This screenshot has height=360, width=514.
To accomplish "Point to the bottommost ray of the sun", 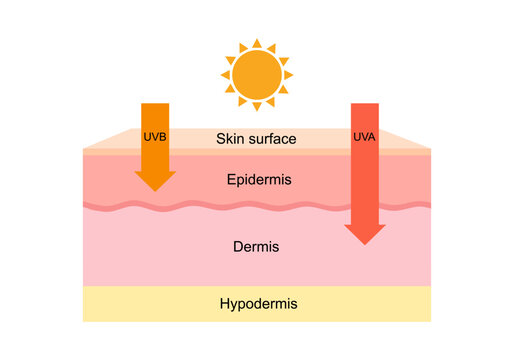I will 256,107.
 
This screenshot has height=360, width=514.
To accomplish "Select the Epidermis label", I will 256,180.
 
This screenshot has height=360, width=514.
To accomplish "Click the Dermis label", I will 256,246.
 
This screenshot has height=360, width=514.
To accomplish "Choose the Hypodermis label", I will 256,303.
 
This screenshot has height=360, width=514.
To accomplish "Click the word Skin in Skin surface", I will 230,138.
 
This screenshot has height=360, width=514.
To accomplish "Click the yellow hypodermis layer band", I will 130,304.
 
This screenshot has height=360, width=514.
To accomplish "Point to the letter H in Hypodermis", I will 221,303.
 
